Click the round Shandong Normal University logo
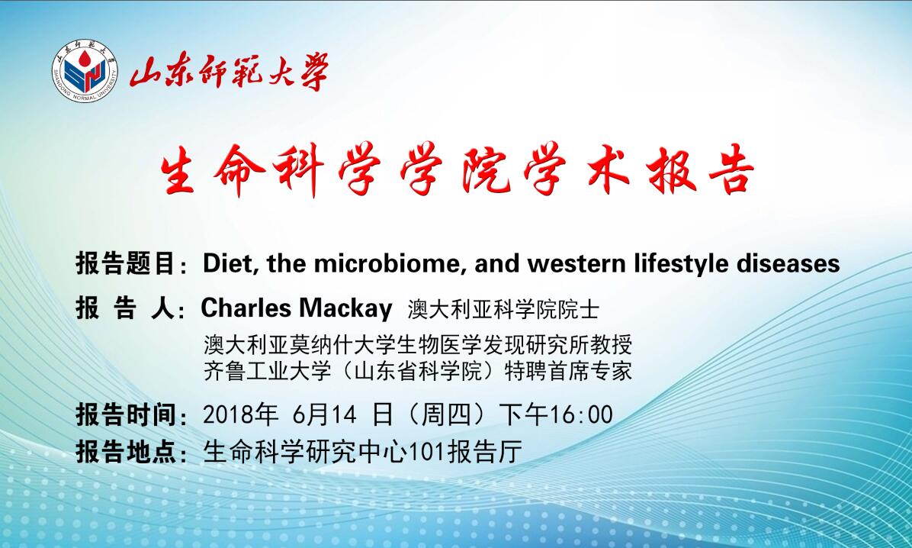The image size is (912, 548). click(x=85, y=71)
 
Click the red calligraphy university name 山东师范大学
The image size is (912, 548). click(x=230, y=71)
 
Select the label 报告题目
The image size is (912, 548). click(x=124, y=263)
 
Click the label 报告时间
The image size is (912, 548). click(x=124, y=415)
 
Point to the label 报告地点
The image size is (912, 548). click(x=124, y=452)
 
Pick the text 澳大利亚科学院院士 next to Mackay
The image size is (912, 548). click(x=503, y=309)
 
